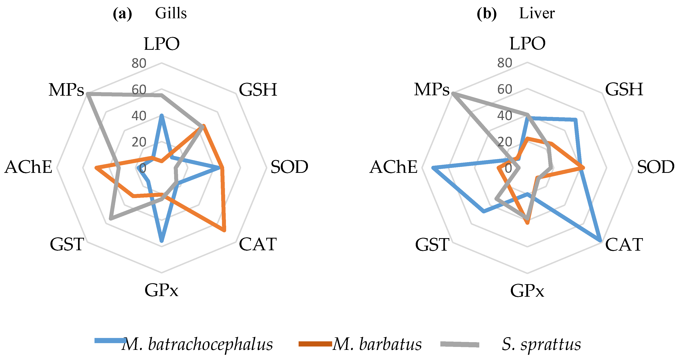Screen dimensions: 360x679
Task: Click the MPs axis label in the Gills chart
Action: pos(66,90)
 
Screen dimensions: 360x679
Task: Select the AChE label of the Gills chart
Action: pos(28,167)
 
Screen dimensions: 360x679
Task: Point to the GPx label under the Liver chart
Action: pos(527,291)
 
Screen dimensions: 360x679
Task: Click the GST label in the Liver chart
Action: pos(432,244)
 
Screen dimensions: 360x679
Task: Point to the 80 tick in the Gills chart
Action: pos(139,63)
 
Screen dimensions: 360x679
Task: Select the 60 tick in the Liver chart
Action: pos(504,89)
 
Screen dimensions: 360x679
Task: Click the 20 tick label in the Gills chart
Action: pos(139,142)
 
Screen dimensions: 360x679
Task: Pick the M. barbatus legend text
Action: pos(377,344)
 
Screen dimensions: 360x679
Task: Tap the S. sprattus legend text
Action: pos(541,344)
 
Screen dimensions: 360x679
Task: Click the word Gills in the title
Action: pos(171,13)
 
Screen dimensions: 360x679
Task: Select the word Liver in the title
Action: pos(537,13)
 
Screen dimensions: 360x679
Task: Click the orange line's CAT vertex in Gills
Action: pos(224,231)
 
